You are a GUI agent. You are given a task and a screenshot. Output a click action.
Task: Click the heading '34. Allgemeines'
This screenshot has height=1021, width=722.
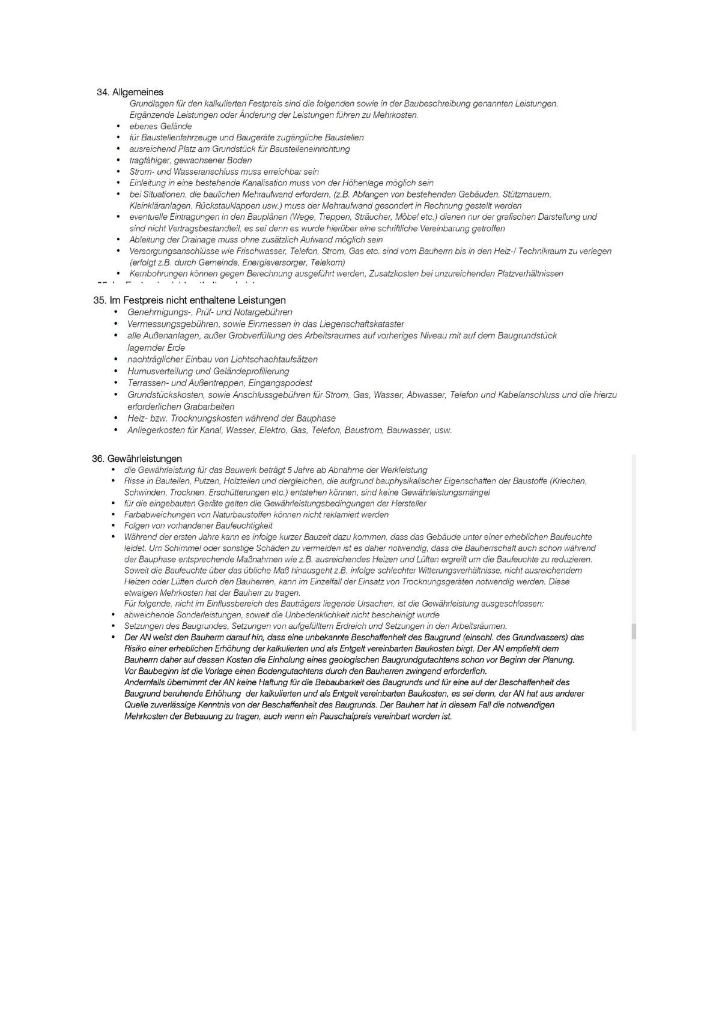(130, 92)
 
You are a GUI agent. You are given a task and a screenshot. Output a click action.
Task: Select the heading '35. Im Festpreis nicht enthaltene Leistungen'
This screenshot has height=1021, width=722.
(189, 300)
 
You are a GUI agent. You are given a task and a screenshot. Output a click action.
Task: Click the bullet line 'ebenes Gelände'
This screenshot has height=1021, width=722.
(160, 126)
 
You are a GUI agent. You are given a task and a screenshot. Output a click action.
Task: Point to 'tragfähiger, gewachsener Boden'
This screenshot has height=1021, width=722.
(190, 160)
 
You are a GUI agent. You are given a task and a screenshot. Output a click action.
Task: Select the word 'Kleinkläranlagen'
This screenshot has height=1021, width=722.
(156, 205)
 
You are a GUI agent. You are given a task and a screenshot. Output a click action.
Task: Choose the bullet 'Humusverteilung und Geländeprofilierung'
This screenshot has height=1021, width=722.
(208, 371)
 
